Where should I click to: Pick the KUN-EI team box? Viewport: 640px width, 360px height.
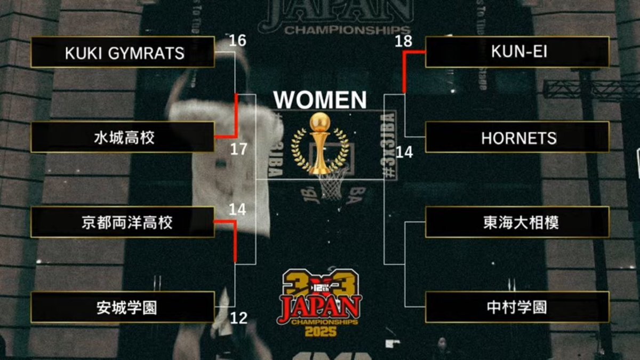[517, 52]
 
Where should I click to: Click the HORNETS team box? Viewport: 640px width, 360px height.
[517, 138]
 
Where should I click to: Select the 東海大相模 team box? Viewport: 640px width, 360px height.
[517, 222]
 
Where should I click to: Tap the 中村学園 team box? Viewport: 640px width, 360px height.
[517, 307]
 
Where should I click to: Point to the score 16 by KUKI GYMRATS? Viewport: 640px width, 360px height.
[237, 41]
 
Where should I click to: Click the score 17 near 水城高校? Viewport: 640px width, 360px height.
[238, 149]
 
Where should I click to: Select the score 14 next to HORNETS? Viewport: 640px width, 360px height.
[404, 153]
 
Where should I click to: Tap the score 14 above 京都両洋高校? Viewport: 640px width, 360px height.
[237, 210]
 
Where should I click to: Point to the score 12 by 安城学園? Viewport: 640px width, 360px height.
[238, 318]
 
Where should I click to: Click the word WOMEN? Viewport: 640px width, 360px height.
[320, 100]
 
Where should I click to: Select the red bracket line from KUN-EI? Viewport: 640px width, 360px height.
[405, 69]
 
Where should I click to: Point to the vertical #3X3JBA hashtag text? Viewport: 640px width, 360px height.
[390, 144]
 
